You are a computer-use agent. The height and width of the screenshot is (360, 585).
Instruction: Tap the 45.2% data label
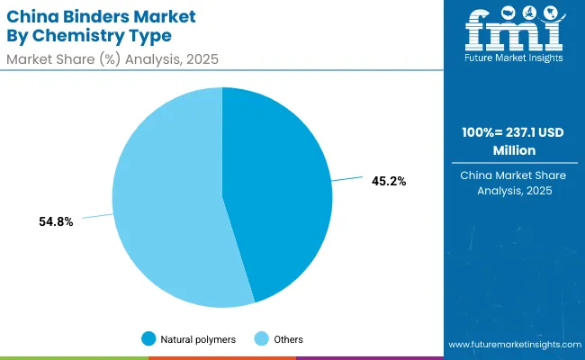coord(389,181)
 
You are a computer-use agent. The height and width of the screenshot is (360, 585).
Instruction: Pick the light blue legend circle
coord(262,339)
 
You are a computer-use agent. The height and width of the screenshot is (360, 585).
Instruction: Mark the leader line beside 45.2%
coord(346,180)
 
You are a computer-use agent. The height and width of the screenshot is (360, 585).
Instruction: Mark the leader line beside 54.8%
coord(97,216)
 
